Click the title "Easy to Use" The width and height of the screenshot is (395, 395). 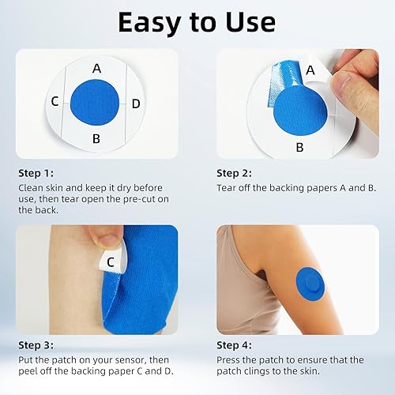click(x=197, y=22)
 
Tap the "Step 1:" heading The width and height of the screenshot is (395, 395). click(x=37, y=172)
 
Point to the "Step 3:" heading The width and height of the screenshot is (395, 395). click(x=37, y=346)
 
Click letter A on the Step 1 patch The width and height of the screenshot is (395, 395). click(x=96, y=69)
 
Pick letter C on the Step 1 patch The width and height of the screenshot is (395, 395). click(x=55, y=102)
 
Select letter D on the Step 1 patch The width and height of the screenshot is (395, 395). click(x=136, y=103)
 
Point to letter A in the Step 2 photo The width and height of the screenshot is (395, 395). click(x=310, y=70)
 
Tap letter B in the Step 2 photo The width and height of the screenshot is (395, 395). click(x=299, y=147)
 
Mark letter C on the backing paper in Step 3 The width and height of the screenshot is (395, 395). click(x=111, y=261)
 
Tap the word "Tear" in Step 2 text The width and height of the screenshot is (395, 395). click(x=228, y=187)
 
